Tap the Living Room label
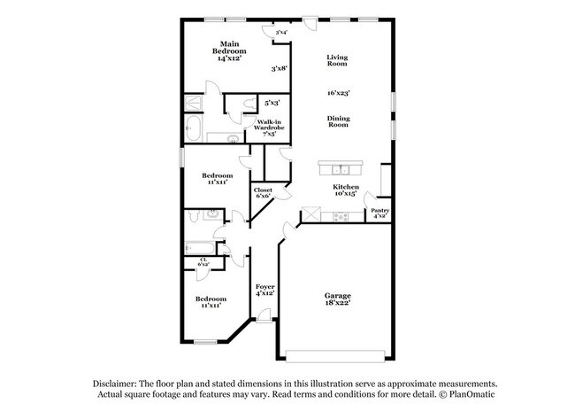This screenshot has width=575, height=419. (x=337, y=60)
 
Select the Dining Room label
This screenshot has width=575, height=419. (x=337, y=122)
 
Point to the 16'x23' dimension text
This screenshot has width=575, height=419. (x=337, y=92)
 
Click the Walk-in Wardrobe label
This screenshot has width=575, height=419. (x=270, y=128)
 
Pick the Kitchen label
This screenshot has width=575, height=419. (x=345, y=190)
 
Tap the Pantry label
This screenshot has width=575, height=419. (x=379, y=213)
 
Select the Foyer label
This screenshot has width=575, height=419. (x=264, y=291)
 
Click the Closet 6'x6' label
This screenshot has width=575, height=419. (x=263, y=193)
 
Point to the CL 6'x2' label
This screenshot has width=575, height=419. (x=203, y=261)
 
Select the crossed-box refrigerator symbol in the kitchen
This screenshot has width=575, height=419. (x=311, y=214)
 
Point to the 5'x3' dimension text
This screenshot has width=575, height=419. (x=269, y=102)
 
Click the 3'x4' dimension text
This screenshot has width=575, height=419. (x=281, y=33)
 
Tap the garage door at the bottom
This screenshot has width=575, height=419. (x=336, y=356)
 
